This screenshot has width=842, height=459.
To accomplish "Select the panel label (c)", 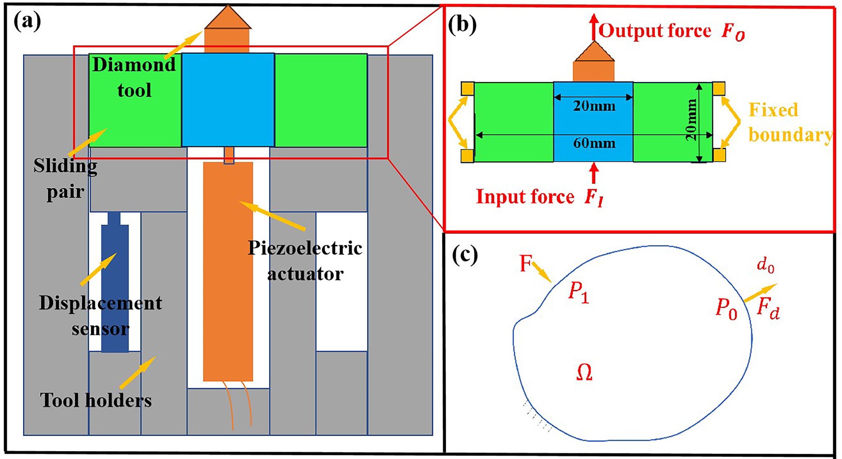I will coord(465,256).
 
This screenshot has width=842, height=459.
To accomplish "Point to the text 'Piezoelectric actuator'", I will coord(305,261).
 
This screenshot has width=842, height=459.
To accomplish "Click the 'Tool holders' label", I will coord(96,400).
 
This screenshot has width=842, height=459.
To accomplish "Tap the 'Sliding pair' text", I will coord(65,178).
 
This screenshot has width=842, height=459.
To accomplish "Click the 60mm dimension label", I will coord(594,143).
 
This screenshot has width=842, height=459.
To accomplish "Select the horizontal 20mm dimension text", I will coord(594,106).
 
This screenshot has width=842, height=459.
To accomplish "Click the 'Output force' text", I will coord(655,31).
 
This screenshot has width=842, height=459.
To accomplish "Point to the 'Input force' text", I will coord(525,197).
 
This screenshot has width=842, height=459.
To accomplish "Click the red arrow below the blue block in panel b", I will coord(594,173).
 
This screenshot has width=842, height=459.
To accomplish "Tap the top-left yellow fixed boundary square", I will coord(467,89).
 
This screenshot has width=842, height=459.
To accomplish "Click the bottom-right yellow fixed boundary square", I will coord(719,155).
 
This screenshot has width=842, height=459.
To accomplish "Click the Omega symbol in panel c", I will coord(584,372).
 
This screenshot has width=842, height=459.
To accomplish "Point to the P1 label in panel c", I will coord(578,292).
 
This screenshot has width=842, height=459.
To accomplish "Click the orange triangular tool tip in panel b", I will coord(594,52).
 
